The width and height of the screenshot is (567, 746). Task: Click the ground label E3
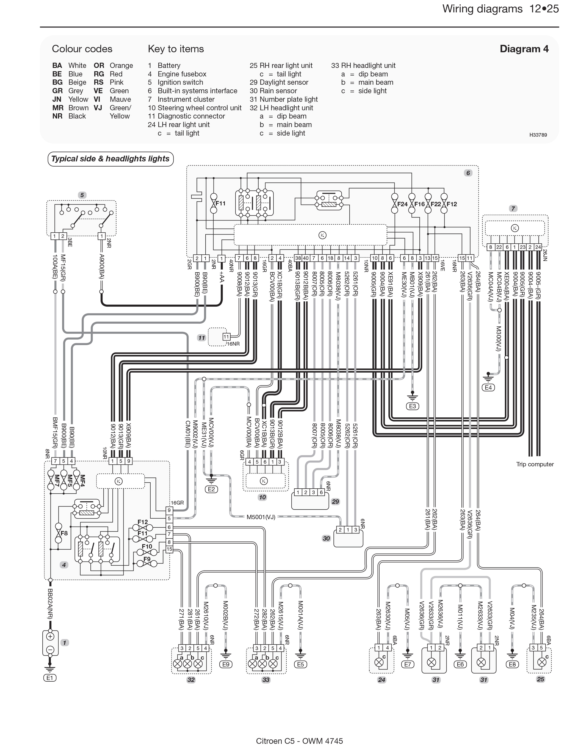coord(412,406)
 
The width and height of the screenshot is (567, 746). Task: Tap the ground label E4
coord(488,388)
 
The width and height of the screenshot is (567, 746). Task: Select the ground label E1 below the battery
coord(50,678)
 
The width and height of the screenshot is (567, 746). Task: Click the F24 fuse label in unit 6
coord(402,204)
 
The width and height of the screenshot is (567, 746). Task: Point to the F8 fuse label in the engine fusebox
coord(64,533)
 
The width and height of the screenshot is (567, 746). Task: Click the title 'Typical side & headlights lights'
coord(110,159)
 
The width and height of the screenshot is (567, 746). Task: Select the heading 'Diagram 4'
coord(524,49)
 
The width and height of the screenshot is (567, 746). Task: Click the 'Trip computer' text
coord(535,464)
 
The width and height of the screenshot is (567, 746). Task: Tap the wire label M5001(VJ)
coord(261,517)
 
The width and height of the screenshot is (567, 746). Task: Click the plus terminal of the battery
coord(50,637)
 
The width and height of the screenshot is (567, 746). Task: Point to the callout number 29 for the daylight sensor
coord(335,502)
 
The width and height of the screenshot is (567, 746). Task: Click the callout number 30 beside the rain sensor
coord(326,538)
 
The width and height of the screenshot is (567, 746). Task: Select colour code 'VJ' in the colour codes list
coord(98,108)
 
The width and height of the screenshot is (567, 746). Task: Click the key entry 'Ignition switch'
coord(180,82)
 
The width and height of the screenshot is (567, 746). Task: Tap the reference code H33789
coord(538,135)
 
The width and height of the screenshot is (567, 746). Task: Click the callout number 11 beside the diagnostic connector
coord(201,338)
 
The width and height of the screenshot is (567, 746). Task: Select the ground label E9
coord(226,664)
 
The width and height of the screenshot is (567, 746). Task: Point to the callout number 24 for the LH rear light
coord(382,680)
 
